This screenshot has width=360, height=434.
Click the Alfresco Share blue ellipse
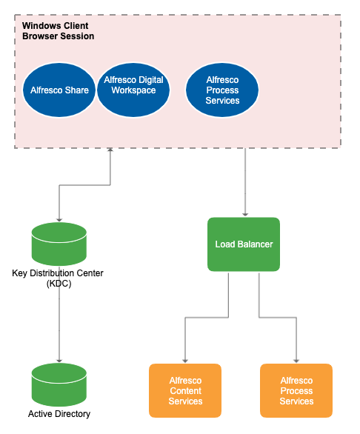pos(59,90)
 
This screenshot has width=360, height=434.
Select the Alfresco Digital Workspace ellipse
pos(133,90)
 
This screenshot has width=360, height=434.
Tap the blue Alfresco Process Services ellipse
pos(222,90)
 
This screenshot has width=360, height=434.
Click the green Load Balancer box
pos(244,244)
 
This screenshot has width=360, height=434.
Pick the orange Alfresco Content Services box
pos(185,390)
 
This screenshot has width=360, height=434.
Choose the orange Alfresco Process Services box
pos(296,390)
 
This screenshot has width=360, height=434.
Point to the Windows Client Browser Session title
pos(58,30)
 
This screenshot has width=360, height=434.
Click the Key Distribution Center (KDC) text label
pos(58,278)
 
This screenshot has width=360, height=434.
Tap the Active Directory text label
pos(59,414)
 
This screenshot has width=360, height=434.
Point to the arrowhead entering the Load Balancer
pos(244,213)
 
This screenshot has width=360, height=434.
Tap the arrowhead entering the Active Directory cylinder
pos(59,359)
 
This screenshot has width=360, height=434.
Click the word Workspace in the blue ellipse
pos(133,90)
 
